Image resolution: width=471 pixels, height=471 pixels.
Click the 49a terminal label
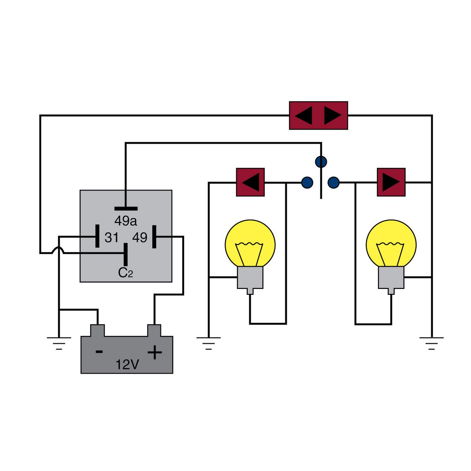click(x=126, y=221)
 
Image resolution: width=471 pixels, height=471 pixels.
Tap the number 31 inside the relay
click(x=111, y=237)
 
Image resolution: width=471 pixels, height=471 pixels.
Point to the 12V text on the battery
click(x=127, y=365)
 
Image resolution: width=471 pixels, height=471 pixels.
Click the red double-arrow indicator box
click(x=318, y=115)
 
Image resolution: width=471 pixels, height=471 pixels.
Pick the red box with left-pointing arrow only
click(x=250, y=182)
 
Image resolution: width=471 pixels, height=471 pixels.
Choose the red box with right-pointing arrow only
click(x=391, y=182)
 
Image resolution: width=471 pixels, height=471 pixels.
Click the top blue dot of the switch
click(x=321, y=161)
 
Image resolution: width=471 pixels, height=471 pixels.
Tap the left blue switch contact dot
click(x=307, y=182)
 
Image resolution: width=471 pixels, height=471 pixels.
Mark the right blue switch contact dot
click(x=334, y=182)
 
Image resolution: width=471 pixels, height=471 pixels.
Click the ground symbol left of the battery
click(x=59, y=342)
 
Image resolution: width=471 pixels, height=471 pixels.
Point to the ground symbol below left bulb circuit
click(x=208, y=342)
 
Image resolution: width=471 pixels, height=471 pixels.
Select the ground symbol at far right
click(x=431, y=342)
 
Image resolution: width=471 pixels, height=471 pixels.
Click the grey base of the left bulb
click(x=250, y=278)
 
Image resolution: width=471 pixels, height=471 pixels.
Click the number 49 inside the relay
click(x=140, y=237)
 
